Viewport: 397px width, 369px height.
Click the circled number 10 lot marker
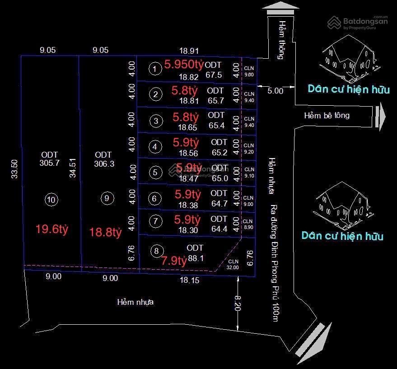pos(51,200)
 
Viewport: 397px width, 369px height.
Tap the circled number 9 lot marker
pos(106,198)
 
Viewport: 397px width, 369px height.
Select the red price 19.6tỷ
pos(52,229)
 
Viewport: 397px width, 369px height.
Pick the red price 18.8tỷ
pos(106,233)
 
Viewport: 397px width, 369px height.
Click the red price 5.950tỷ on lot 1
pos(184,64)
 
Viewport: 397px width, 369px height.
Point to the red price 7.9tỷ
pos(174,261)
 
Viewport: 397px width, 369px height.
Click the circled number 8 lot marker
pos(156,251)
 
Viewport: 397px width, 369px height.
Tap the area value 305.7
pos(50,163)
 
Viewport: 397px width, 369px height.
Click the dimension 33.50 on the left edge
pos(15,168)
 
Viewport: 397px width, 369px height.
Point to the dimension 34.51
pos(73,168)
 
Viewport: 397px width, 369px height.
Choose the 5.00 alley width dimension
pos(275,91)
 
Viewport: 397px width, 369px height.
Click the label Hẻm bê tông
pos(327,116)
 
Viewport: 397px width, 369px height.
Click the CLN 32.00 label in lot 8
pos(233,264)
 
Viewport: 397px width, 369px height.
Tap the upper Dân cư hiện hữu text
pos(348,89)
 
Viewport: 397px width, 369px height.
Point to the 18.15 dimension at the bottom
pos(189,280)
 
